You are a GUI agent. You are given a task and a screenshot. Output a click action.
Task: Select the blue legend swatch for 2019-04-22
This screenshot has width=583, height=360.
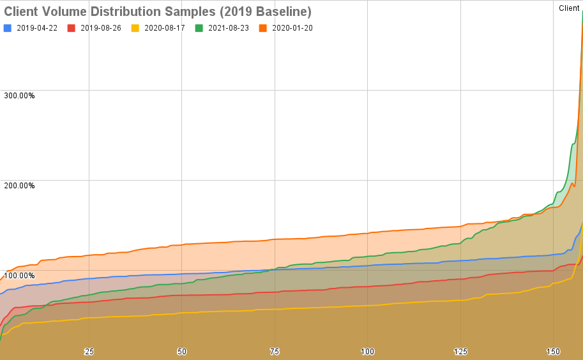(8, 28)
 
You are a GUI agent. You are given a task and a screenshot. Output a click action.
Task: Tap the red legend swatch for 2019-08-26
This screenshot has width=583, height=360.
(72, 28)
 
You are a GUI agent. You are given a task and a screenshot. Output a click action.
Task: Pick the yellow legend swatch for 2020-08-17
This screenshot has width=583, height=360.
(135, 28)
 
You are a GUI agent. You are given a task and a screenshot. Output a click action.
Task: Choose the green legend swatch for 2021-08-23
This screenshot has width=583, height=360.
(199, 28)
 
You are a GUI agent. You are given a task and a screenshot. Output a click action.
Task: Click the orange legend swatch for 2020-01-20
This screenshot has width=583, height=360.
(263, 28)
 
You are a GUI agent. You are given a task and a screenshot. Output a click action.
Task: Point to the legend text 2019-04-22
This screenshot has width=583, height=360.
(37, 28)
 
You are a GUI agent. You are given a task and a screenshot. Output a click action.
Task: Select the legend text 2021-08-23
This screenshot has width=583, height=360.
(229, 28)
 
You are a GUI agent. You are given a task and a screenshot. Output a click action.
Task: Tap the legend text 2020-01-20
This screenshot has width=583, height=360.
(292, 28)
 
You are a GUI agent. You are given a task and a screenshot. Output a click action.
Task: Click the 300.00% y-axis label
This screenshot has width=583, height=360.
(19, 96)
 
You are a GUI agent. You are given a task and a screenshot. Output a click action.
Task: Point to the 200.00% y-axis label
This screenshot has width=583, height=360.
(19, 186)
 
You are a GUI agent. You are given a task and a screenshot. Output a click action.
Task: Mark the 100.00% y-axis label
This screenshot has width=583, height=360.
(19, 276)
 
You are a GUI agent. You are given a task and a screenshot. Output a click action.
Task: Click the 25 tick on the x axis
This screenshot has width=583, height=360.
(89, 352)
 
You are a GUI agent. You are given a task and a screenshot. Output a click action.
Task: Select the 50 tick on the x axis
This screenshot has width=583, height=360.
(182, 352)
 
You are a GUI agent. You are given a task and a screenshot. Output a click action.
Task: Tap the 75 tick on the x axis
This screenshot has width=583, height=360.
(275, 352)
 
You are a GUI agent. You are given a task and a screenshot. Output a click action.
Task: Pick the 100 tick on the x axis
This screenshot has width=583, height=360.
(367, 352)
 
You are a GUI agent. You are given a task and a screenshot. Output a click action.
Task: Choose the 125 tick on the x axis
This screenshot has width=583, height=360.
(460, 352)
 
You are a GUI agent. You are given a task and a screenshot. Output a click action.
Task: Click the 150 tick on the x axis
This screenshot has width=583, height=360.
(553, 352)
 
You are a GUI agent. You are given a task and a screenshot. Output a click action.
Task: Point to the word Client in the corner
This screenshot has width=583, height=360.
(569, 8)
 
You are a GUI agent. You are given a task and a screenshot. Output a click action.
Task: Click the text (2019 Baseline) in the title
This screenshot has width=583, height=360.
(266, 11)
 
